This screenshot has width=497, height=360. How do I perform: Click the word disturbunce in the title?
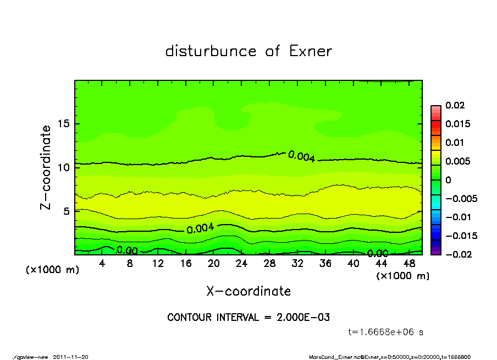click(211, 51)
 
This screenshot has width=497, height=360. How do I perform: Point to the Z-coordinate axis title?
click(46, 167)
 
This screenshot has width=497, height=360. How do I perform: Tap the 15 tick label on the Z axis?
click(64, 124)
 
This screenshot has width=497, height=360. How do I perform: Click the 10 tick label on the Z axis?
click(64, 167)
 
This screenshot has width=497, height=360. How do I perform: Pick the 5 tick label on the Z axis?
click(66, 211)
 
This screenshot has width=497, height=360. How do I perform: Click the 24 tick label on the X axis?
click(242, 264)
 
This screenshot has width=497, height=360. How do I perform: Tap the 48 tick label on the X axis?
click(409, 264)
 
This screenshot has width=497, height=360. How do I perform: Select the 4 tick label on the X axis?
click(102, 264)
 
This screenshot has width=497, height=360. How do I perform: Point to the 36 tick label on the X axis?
click(325, 264)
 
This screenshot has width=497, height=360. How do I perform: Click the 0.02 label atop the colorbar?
click(455, 105)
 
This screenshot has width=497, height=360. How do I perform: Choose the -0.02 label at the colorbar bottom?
click(457, 254)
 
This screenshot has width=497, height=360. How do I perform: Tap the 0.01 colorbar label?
click(455, 143)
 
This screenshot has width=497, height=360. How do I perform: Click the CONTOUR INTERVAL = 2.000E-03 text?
click(248, 318)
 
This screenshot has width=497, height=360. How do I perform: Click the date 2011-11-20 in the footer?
click(70, 357)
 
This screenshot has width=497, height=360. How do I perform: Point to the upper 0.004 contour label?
click(301, 156)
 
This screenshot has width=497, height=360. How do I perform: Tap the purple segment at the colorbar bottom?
click(435, 252)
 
